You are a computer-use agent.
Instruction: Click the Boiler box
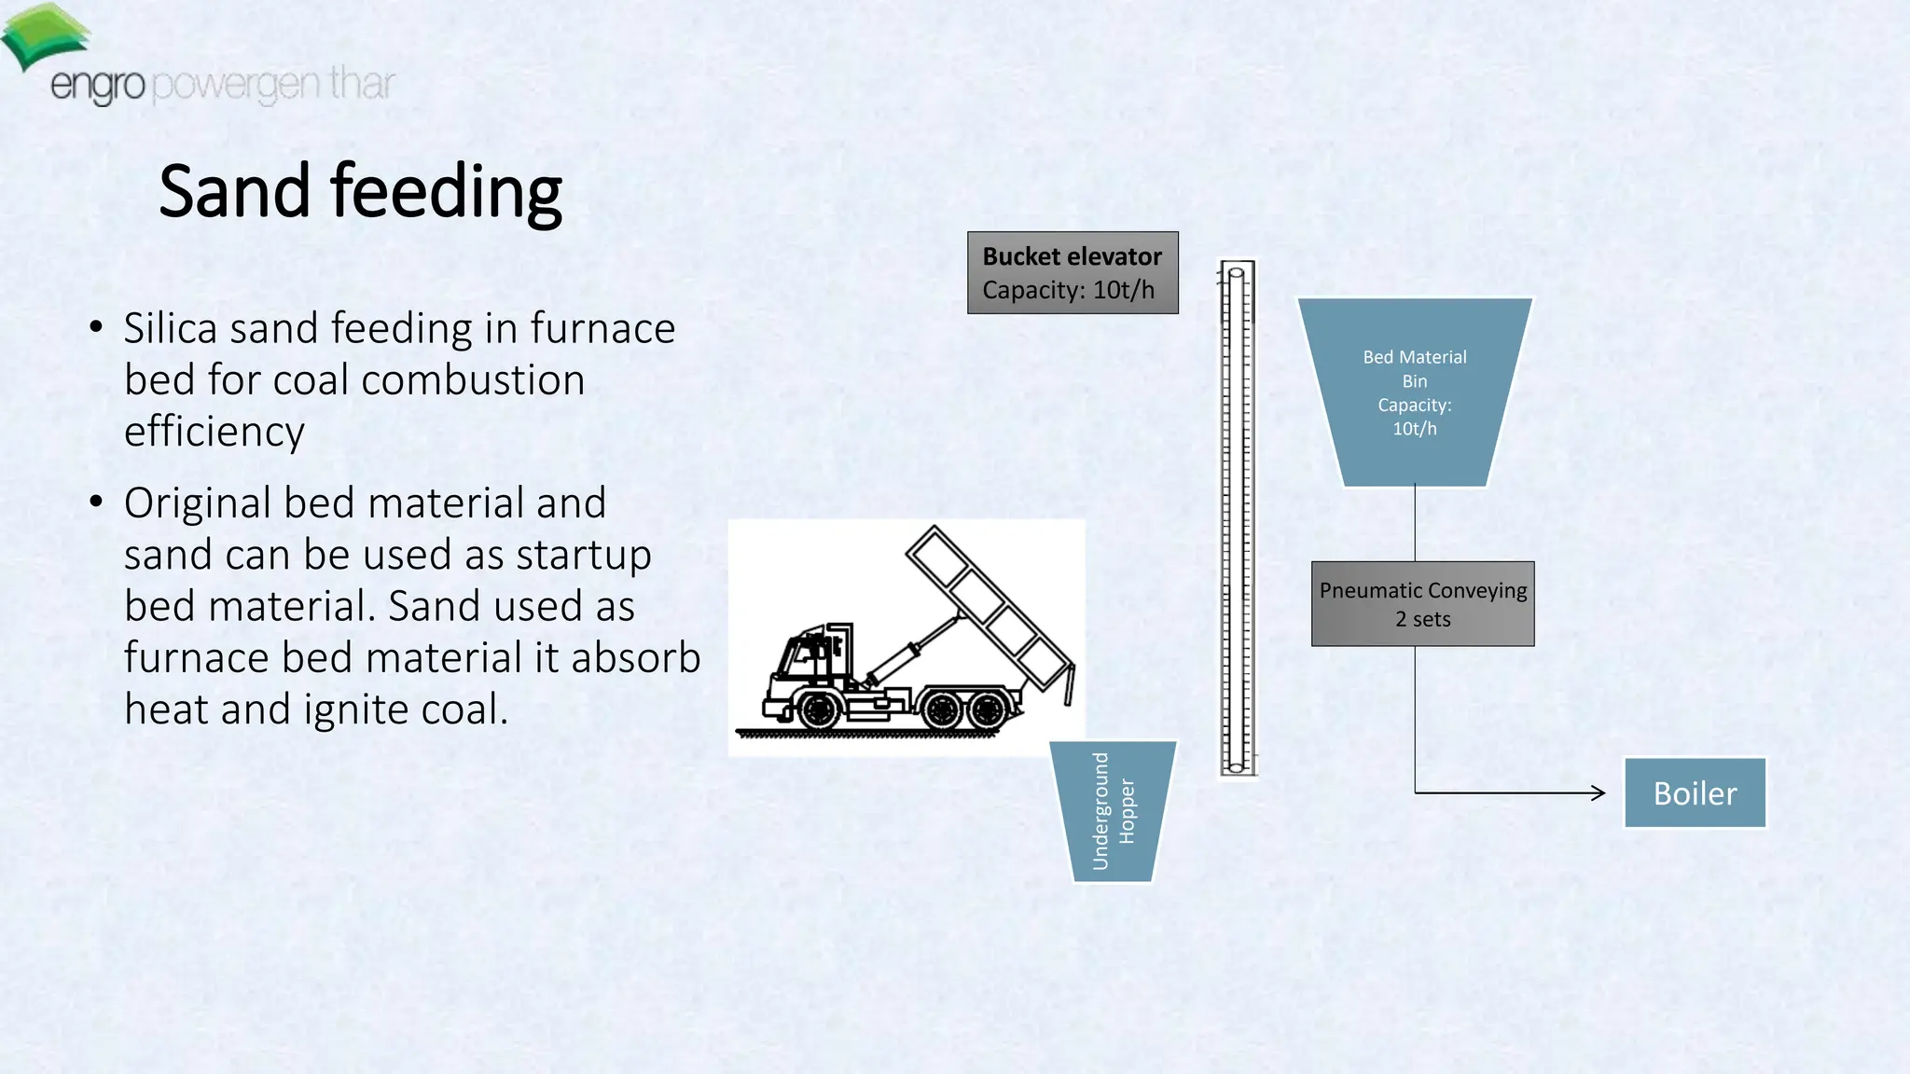tap(1695, 792)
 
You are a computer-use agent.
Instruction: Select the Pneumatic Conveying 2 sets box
tap(1422, 604)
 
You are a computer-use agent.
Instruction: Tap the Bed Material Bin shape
tap(1414, 392)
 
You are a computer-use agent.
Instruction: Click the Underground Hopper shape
tap(1113, 811)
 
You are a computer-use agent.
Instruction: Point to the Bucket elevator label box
tap(1073, 272)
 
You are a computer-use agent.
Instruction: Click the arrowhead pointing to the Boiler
tap(1599, 792)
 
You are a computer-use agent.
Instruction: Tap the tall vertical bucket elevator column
tap(1237, 518)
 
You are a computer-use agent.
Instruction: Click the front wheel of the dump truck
tap(819, 710)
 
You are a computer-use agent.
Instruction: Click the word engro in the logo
tap(97, 86)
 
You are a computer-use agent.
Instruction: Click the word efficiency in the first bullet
tap(214, 432)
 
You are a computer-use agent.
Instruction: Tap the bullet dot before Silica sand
tap(96, 327)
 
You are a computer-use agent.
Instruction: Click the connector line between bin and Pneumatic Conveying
tap(1415, 523)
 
